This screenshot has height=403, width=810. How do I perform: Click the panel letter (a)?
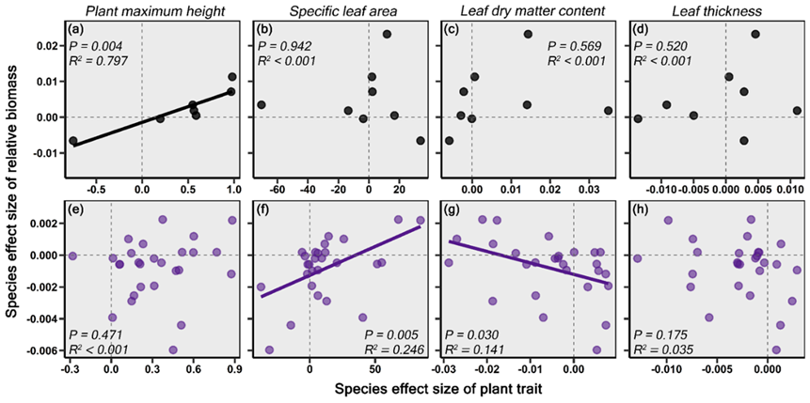click(79, 28)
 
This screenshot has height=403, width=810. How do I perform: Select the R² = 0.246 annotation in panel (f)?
click(396, 350)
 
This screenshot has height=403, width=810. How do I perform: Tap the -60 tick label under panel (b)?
click(266, 189)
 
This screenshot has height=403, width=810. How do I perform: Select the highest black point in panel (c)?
click(528, 34)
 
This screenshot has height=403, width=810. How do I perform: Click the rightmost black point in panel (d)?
click(797, 110)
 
